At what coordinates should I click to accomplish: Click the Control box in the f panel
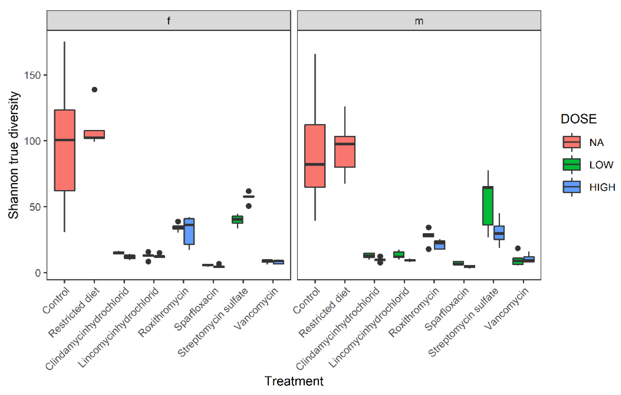click(x=64, y=150)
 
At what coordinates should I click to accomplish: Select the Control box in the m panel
click(x=315, y=156)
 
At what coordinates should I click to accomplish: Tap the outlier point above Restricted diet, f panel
click(x=94, y=90)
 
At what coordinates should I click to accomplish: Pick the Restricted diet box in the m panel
click(x=345, y=152)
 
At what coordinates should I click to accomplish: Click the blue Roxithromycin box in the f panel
click(x=189, y=231)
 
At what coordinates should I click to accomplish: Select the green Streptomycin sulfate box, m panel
click(x=488, y=206)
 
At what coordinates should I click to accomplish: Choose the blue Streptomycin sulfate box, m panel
click(x=499, y=233)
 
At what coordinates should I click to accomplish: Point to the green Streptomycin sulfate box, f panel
click(x=237, y=219)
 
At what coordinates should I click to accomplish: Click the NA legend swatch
click(x=571, y=142)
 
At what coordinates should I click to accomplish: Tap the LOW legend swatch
click(x=571, y=164)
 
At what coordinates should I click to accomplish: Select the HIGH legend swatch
click(x=571, y=187)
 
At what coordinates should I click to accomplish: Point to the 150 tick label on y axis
click(x=32, y=75)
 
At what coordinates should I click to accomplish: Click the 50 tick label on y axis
click(x=35, y=207)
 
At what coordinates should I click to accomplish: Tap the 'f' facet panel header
click(x=169, y=21)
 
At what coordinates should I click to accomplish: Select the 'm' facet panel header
click(x=419, y=21)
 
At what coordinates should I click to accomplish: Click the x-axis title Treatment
click(x=294, y=381)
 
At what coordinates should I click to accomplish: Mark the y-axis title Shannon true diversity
click(x=13, y=155)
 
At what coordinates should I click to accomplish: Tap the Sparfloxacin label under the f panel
click(x=196, y=309)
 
